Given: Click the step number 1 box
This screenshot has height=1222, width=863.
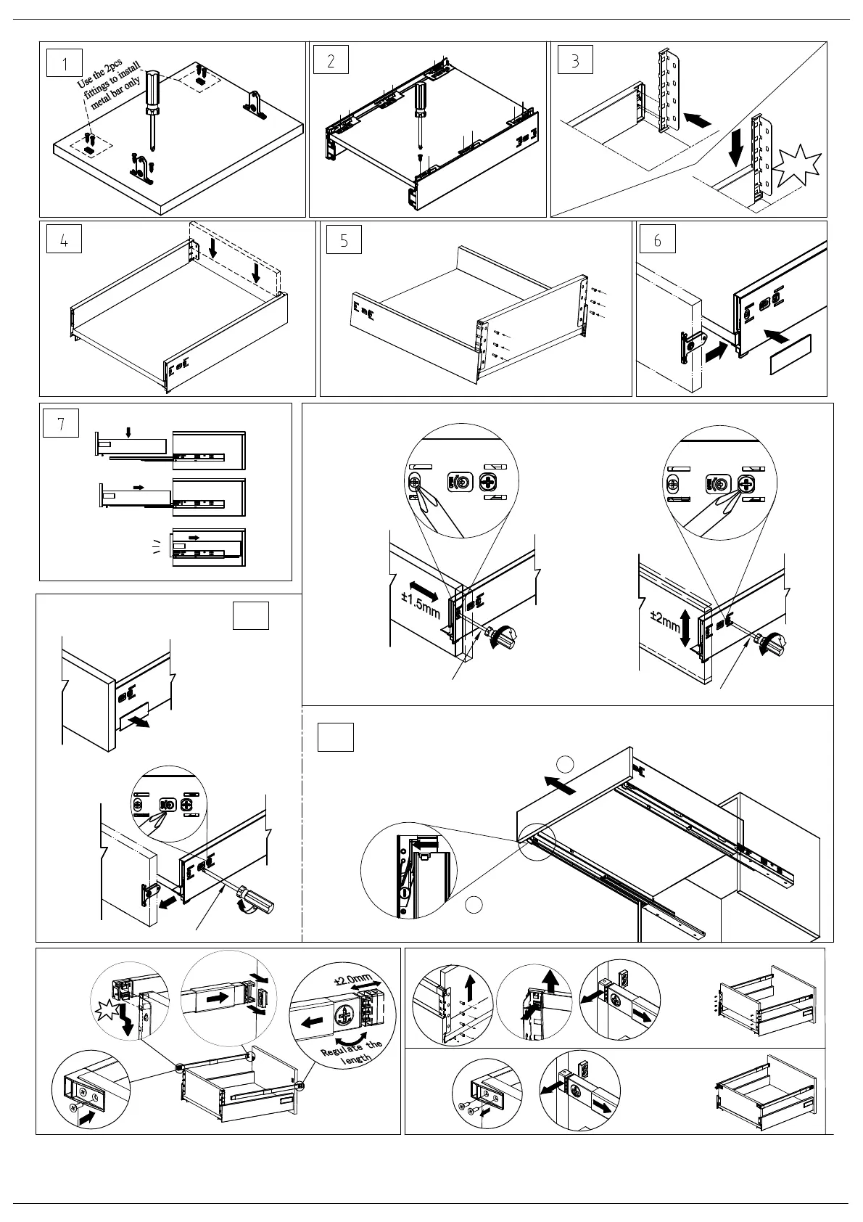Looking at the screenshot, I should coord(65,62).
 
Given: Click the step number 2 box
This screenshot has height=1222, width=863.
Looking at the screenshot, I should coord(331,61).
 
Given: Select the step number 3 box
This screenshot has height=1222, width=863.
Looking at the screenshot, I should coord(575,60).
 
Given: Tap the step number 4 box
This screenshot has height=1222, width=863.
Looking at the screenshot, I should coord(64,239).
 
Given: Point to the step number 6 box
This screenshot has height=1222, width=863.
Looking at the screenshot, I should coord(657,240).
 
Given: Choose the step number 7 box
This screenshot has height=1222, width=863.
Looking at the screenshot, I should coord(61,423).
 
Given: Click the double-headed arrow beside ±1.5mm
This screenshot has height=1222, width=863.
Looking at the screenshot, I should coord(424,589).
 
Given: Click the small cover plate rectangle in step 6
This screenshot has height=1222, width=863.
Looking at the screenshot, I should coord(790,354).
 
